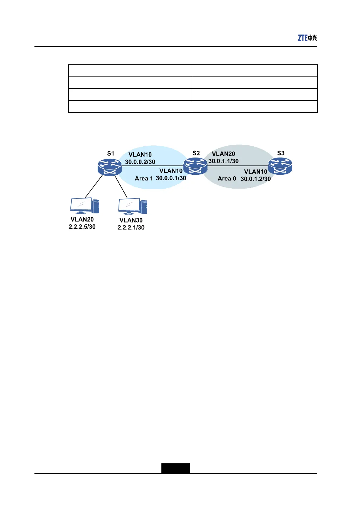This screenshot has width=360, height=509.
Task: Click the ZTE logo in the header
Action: click(x=307, y=38)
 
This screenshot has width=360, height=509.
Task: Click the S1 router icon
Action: click(x=110, y=167)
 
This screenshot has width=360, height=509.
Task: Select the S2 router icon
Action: click(x=195, y=166)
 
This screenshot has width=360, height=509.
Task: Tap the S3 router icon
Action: click(x=280, y=166)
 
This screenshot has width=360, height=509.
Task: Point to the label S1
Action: click(x=111, y=154)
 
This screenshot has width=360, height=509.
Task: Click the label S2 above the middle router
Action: click(x=196, y=153)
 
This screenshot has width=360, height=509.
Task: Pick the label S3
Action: click(x=281, y=153)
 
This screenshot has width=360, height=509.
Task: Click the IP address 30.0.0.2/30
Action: click(x=140, y=162)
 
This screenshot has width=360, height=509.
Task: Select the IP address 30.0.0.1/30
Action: click(x=171, y=178)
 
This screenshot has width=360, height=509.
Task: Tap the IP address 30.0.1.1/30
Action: click(x=223, y=161)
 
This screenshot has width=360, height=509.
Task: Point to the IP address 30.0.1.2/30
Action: click(x=256, y=179)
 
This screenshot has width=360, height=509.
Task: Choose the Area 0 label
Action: click(x=227, y=179)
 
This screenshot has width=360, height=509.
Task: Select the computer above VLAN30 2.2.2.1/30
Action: click(x=133, y=206)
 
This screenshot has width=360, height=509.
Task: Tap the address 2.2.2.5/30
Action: click(x=82, y=227)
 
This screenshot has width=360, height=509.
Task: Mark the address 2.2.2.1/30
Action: click(x=131, y=228)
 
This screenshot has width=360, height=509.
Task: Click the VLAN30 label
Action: click(x=131, y=220)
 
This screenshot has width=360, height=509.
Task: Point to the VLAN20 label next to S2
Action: click(x=223, y=154)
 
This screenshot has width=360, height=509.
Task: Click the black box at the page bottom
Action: click(x=175, y=468)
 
